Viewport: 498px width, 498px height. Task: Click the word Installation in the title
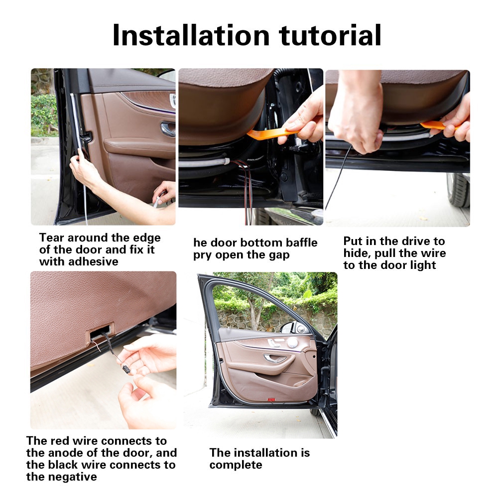[191, 35]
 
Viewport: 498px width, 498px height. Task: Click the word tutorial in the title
[330, 35]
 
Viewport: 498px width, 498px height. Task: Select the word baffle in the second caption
[301, 243]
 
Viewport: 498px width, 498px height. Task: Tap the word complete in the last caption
[236, 465]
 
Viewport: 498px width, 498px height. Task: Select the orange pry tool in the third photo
[438, 125]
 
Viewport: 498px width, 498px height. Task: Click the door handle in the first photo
[167, 128]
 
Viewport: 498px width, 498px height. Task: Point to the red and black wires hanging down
[246, 191]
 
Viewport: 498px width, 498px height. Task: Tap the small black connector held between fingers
[126, 369]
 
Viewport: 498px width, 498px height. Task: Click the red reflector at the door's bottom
[271, 399]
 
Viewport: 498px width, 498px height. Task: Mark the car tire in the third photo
[458, 190]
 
